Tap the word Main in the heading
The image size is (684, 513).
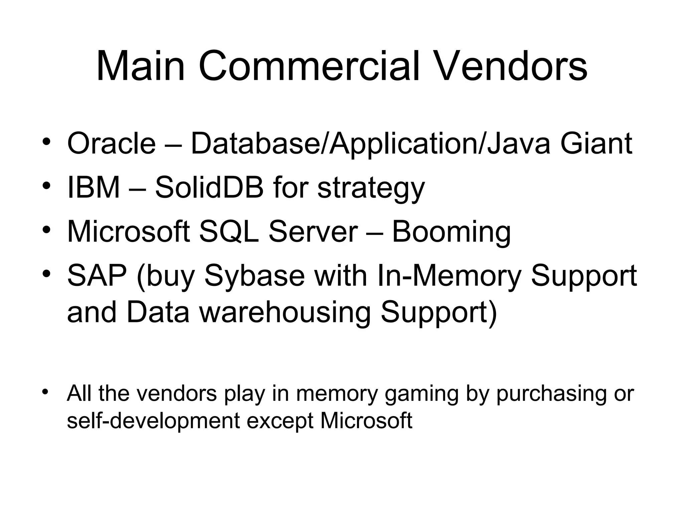[140, 66]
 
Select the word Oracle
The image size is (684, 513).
[112, 144]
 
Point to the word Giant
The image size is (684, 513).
[596, 144]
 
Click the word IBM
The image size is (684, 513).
[94, 188]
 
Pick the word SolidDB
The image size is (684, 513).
[209, 188]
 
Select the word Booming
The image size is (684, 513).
[451, 232]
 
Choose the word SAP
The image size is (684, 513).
[97, 276]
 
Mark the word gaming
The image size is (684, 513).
[421, 394]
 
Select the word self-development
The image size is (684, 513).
[153, 421]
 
